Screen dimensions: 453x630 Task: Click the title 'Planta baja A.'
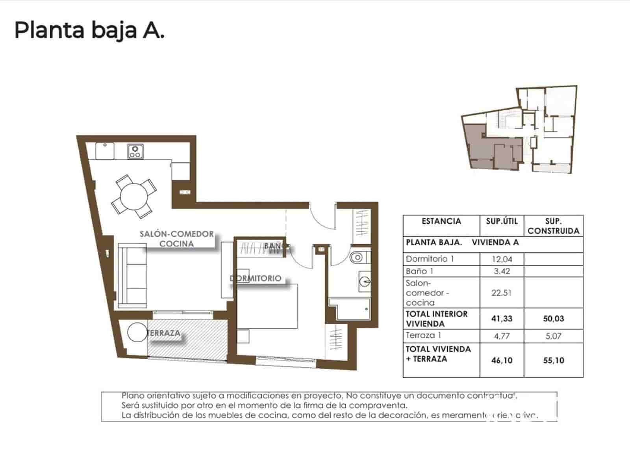click(x=89, y=30)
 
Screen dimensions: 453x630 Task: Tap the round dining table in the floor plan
click(x=134, y=196)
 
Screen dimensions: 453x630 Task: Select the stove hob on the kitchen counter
click(x=135, y=151)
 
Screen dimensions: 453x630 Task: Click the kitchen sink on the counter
click(x=105, y=151)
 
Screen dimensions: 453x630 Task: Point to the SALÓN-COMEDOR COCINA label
click(x=177, y=239)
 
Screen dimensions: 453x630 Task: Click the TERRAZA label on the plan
click(x=164, y=333)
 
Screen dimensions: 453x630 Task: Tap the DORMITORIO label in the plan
click(x=256, y=278)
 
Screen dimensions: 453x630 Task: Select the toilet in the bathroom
click(x=358, y=258)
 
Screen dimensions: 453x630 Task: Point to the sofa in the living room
click(x=132, y=275)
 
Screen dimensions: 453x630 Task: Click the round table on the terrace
click(x=137, y=333)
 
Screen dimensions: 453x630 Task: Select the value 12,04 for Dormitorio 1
click(x=502, y=259)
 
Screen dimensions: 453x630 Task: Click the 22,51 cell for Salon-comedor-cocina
click(x=502, y=293)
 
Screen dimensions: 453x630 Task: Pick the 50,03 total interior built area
click(x=553, y=319)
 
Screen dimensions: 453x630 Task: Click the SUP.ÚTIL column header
click(x=502, y=221)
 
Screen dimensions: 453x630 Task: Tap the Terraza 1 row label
click(x=423, y=336)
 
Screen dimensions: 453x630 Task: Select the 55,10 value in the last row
click(x=553, y=360)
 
